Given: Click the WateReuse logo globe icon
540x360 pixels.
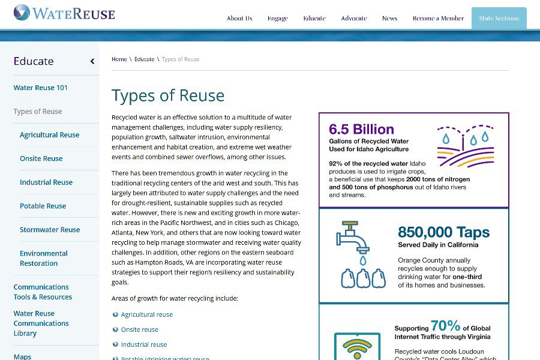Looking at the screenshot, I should (22, 13).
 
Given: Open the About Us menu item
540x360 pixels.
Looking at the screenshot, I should (239, 19).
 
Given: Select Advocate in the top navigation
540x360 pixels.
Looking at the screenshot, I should (353, 19).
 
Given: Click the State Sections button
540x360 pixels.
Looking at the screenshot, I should (499, 19).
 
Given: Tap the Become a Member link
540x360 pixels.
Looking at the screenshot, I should (438, 19).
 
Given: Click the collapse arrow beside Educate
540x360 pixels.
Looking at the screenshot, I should (92, 61).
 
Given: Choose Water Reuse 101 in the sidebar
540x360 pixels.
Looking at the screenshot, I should (41, 88).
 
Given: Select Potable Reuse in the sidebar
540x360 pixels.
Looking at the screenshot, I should (43, 206).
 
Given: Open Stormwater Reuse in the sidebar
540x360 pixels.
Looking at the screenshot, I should (50, 230).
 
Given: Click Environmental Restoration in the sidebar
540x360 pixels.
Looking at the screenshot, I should (44, 258).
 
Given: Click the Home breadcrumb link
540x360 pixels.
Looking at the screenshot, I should (119, 59).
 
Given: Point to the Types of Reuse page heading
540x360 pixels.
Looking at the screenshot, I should (168, 95).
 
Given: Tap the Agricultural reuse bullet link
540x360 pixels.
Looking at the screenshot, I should (147, 314).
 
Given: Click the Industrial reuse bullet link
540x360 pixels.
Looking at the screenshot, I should (144, 344).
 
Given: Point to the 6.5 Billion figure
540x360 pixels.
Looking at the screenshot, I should (361, 129).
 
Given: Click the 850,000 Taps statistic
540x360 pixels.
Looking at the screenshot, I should (443, 232).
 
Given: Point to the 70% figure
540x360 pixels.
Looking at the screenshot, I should (445, 326).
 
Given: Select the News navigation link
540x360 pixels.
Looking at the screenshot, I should (389, 19).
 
